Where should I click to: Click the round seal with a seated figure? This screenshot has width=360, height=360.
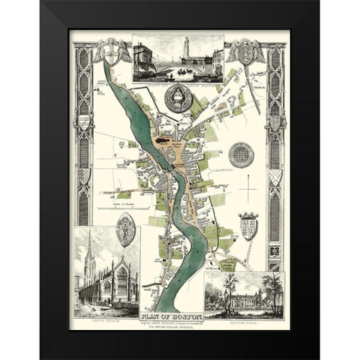(x=178, y=98)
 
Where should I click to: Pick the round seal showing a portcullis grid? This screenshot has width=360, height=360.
(x=241, y=155)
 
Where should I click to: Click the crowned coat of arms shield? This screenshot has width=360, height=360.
(x=247, y=226)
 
